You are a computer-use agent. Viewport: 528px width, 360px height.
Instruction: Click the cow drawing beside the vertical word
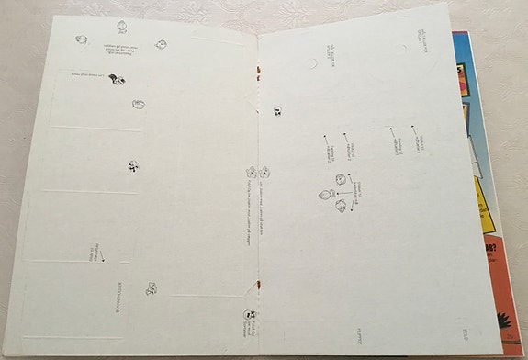point(151,289)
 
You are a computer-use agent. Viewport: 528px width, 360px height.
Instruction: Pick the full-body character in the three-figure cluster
point(324,194)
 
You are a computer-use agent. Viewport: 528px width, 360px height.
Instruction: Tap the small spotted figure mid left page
point(134,167)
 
